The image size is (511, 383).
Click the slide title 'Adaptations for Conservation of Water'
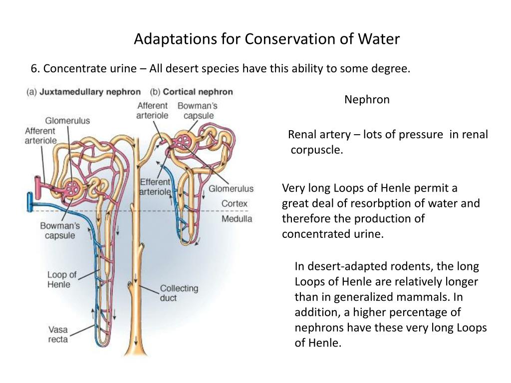coord(266,39)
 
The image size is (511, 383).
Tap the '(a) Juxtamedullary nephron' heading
coord(83,92)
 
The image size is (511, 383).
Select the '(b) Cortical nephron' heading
coord(191,92)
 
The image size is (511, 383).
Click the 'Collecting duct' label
coord(179,293)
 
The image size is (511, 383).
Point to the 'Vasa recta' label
coord(58,335)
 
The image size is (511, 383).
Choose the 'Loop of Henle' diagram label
coord(62,279)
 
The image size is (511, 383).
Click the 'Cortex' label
coord(234,203)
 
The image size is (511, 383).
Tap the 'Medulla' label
coord(237,218)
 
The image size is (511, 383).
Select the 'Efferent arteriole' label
coord(156,187)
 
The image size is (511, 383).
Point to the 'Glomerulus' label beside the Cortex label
coord(231,189)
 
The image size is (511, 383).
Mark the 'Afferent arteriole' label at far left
coord(40,136)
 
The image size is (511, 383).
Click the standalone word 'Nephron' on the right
coord(367,100)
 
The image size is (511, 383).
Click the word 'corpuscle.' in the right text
coord(317,150)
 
